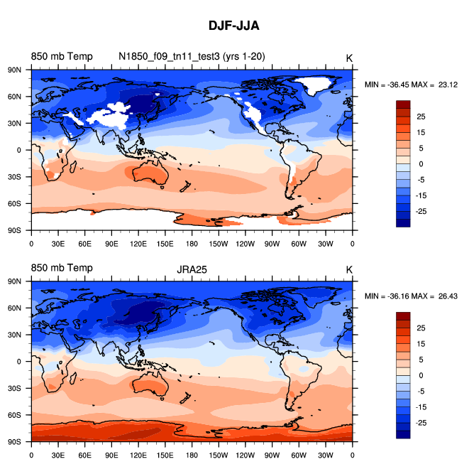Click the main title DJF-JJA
click(x=234, y=26)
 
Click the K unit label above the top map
click(x=349, y=57)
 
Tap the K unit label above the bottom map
click(x=349, y=269)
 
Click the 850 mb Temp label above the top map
click(x=61, y=56)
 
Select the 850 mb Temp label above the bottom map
click(x=61, y=268)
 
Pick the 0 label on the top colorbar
click(x=419, y=163)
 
